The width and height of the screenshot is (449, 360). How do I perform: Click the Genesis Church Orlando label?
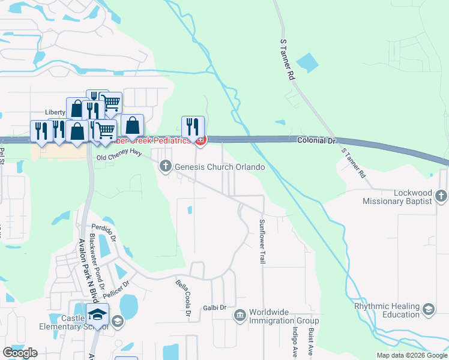(x=220, y=167)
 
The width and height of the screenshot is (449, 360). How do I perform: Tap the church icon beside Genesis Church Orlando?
(x=166, y=166)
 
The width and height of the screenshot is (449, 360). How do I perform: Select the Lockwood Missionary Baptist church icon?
(x=441, y=196)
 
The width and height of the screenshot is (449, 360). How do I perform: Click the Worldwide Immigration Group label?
(x=284, y=316)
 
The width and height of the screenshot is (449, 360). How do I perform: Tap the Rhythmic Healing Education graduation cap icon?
(x=429, y=310)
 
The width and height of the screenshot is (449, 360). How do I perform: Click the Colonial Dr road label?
(x=316, y=140)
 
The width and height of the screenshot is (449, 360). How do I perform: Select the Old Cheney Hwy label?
(x=119, y=157)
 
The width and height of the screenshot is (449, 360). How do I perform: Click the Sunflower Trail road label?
(x=262, y=241)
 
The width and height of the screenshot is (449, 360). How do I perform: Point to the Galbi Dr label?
(x=214, y=307)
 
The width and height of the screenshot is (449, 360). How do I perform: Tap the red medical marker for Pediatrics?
(x=200, y=141)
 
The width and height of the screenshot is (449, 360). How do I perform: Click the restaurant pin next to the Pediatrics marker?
(x=193, y=127)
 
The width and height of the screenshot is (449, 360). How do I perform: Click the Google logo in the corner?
(x=20, y=353)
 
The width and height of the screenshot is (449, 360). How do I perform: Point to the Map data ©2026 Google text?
(x=411, y=355)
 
